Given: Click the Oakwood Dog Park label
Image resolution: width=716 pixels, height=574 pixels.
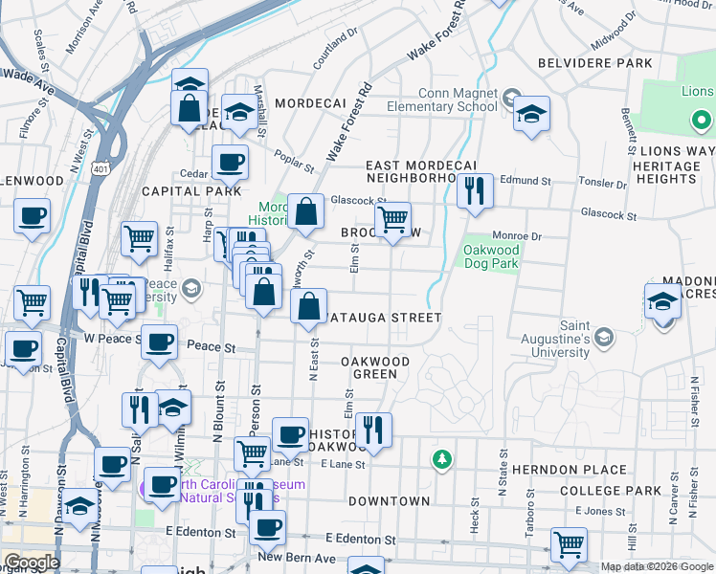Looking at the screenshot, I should point(490,257).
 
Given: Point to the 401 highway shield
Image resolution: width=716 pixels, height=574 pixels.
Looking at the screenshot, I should point(101,168).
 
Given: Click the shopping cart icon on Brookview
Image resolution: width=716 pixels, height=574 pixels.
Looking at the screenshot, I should point(392,219).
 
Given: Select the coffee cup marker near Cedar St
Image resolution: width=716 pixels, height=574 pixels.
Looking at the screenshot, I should point(230,162).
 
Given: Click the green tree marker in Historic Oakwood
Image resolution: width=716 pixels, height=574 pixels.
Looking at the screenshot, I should point(441,460).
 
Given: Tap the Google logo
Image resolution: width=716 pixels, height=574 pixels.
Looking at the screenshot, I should point(31,563).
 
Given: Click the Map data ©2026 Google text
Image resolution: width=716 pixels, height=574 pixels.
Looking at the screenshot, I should point(656,566).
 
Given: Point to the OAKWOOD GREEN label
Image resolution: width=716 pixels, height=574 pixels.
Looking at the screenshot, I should point(375,367).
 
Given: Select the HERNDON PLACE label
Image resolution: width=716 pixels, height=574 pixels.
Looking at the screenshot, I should point(569,470).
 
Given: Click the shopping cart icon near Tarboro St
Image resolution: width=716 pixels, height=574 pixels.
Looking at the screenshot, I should point(569,544).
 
